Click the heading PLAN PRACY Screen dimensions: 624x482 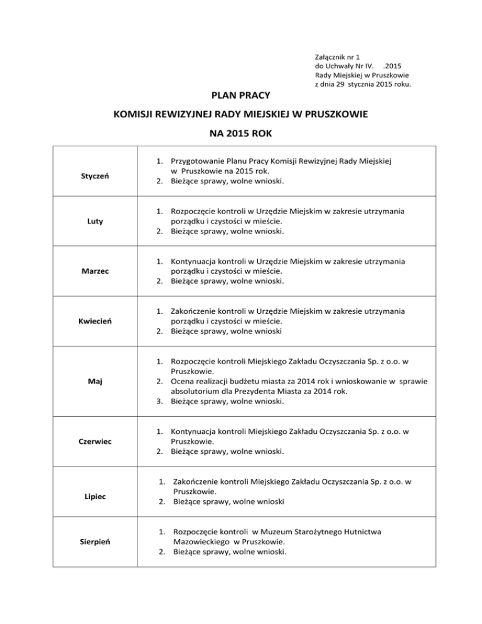(x=240, y=95)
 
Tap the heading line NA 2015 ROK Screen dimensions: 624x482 (x=240, y=134)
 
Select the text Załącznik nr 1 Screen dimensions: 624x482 (x=338, y=56)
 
